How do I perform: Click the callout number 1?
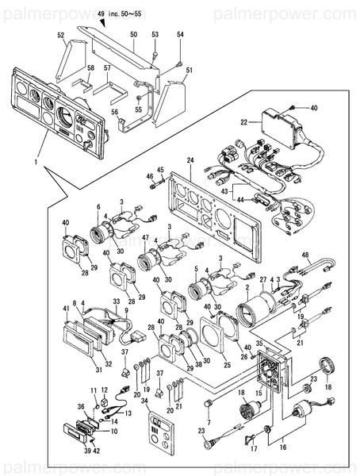pyautogui.click(x=36, y=162)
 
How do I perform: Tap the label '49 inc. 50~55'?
pyautogui.click(x=121, y=13)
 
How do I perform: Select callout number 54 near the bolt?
pyautogui.click(x=180, y=35)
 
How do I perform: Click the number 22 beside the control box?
pyautogui.click(x=244, y=121)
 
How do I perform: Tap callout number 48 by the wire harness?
pyautogui.click(x=304, y=254)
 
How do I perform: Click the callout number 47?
pyautogui.click(x=145, y=238)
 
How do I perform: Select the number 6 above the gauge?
pyautogui.click(x=98, y=206)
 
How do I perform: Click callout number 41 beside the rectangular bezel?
pyautogui.click(x=66, y=309)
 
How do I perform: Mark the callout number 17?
pyautogui.click(x=255, y=448)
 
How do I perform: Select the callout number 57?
pyautogui.click(x=107, y=68)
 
